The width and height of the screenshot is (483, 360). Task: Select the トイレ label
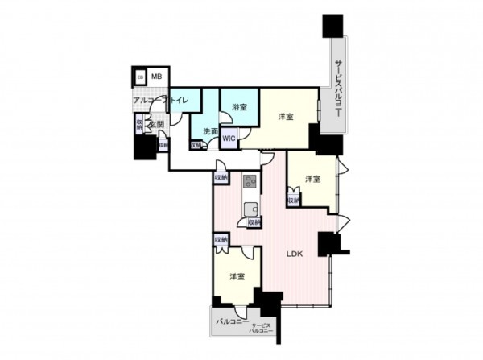(177, 100)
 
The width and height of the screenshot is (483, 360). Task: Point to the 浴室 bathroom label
(239, 106)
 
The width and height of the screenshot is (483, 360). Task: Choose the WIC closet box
(229, 138)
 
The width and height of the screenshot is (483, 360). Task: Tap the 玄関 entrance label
(156, 124)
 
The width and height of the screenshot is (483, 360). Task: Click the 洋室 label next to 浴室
(286, 118)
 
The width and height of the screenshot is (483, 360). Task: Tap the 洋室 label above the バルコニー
(237, 276)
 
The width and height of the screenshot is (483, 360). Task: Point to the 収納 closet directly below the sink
(254, 221)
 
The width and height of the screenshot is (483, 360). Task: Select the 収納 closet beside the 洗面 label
(196, 145)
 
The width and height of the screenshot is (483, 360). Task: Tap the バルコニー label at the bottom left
(232, 321)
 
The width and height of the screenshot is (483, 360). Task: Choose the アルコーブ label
(148, 100)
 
